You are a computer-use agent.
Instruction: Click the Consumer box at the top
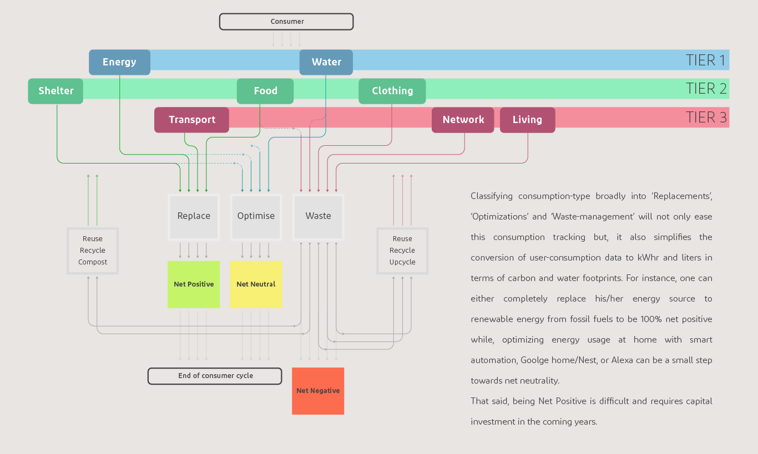pos(286,22)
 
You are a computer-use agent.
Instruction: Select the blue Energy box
pos(119,62)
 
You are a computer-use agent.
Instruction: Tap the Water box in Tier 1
pos(326,62)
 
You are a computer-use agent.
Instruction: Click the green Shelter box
pos(55,91)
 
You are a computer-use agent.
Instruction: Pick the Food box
pos(265,91)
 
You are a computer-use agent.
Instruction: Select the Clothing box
pos(392,91)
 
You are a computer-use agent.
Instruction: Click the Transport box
pos(191,120)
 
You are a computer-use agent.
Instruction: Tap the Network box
pos(463,120)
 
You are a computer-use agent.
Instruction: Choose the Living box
pos(527,120)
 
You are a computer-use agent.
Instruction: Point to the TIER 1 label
pos(705,60)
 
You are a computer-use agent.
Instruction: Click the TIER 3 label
pos(706,118)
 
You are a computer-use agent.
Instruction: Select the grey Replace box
pos(194,216)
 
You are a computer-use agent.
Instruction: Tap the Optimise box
pos(256,216)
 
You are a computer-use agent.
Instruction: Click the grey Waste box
pos(318,216)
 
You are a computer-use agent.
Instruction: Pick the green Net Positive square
pos(194,284)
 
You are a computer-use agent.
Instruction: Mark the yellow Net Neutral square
pos(256,284)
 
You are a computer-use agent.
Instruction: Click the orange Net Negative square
pos(318,391)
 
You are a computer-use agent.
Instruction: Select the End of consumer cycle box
pos(215,376)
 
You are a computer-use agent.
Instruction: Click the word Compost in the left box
pos(93,262)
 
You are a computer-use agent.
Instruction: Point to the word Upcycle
pos(402,262)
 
